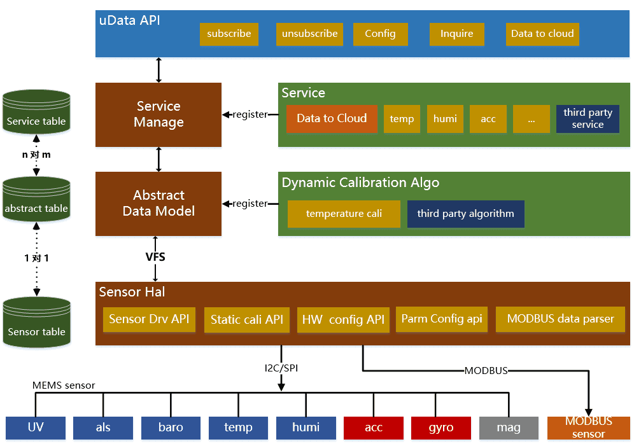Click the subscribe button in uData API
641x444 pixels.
(229, 34)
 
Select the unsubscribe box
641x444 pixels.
(310, 34)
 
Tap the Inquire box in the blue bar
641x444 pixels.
(456, 34)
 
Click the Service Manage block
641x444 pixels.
(158, 114)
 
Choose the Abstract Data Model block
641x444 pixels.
(158, 204)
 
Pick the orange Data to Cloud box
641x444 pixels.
(332, 119)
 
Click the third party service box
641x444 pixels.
(588, 119)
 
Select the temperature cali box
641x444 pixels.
(344, 214)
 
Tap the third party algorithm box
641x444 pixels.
(465, 214)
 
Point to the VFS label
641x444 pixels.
(155, 257)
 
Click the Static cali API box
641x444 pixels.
(247, 319)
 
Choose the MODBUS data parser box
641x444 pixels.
(560, 319)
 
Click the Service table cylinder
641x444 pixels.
(36, 113)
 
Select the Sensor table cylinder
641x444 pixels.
(36, 323)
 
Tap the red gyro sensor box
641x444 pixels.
(441, 427)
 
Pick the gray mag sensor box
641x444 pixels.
(509, 427)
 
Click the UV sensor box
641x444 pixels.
(36, 427)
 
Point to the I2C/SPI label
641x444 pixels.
(281, 367)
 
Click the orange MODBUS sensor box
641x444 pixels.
(588, 427)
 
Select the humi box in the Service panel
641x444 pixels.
(445, 119)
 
